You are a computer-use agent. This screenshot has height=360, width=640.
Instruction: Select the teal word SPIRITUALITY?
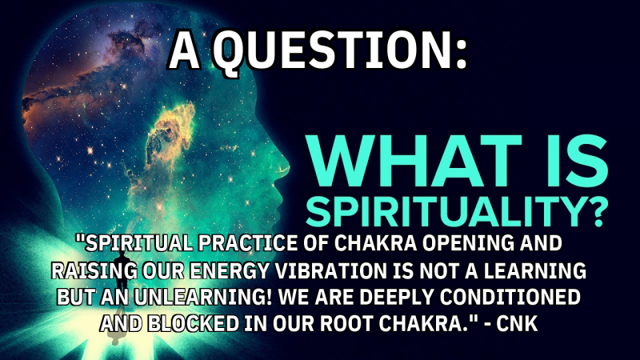(456, 210)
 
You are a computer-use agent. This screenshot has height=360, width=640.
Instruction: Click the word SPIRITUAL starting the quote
(125, 242)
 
